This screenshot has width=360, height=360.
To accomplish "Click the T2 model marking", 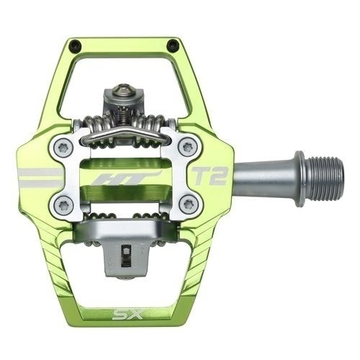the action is (210, 176).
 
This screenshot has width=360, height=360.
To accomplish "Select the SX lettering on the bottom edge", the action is (128, 314).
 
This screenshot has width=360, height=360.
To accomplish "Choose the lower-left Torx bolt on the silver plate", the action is (61, 204).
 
